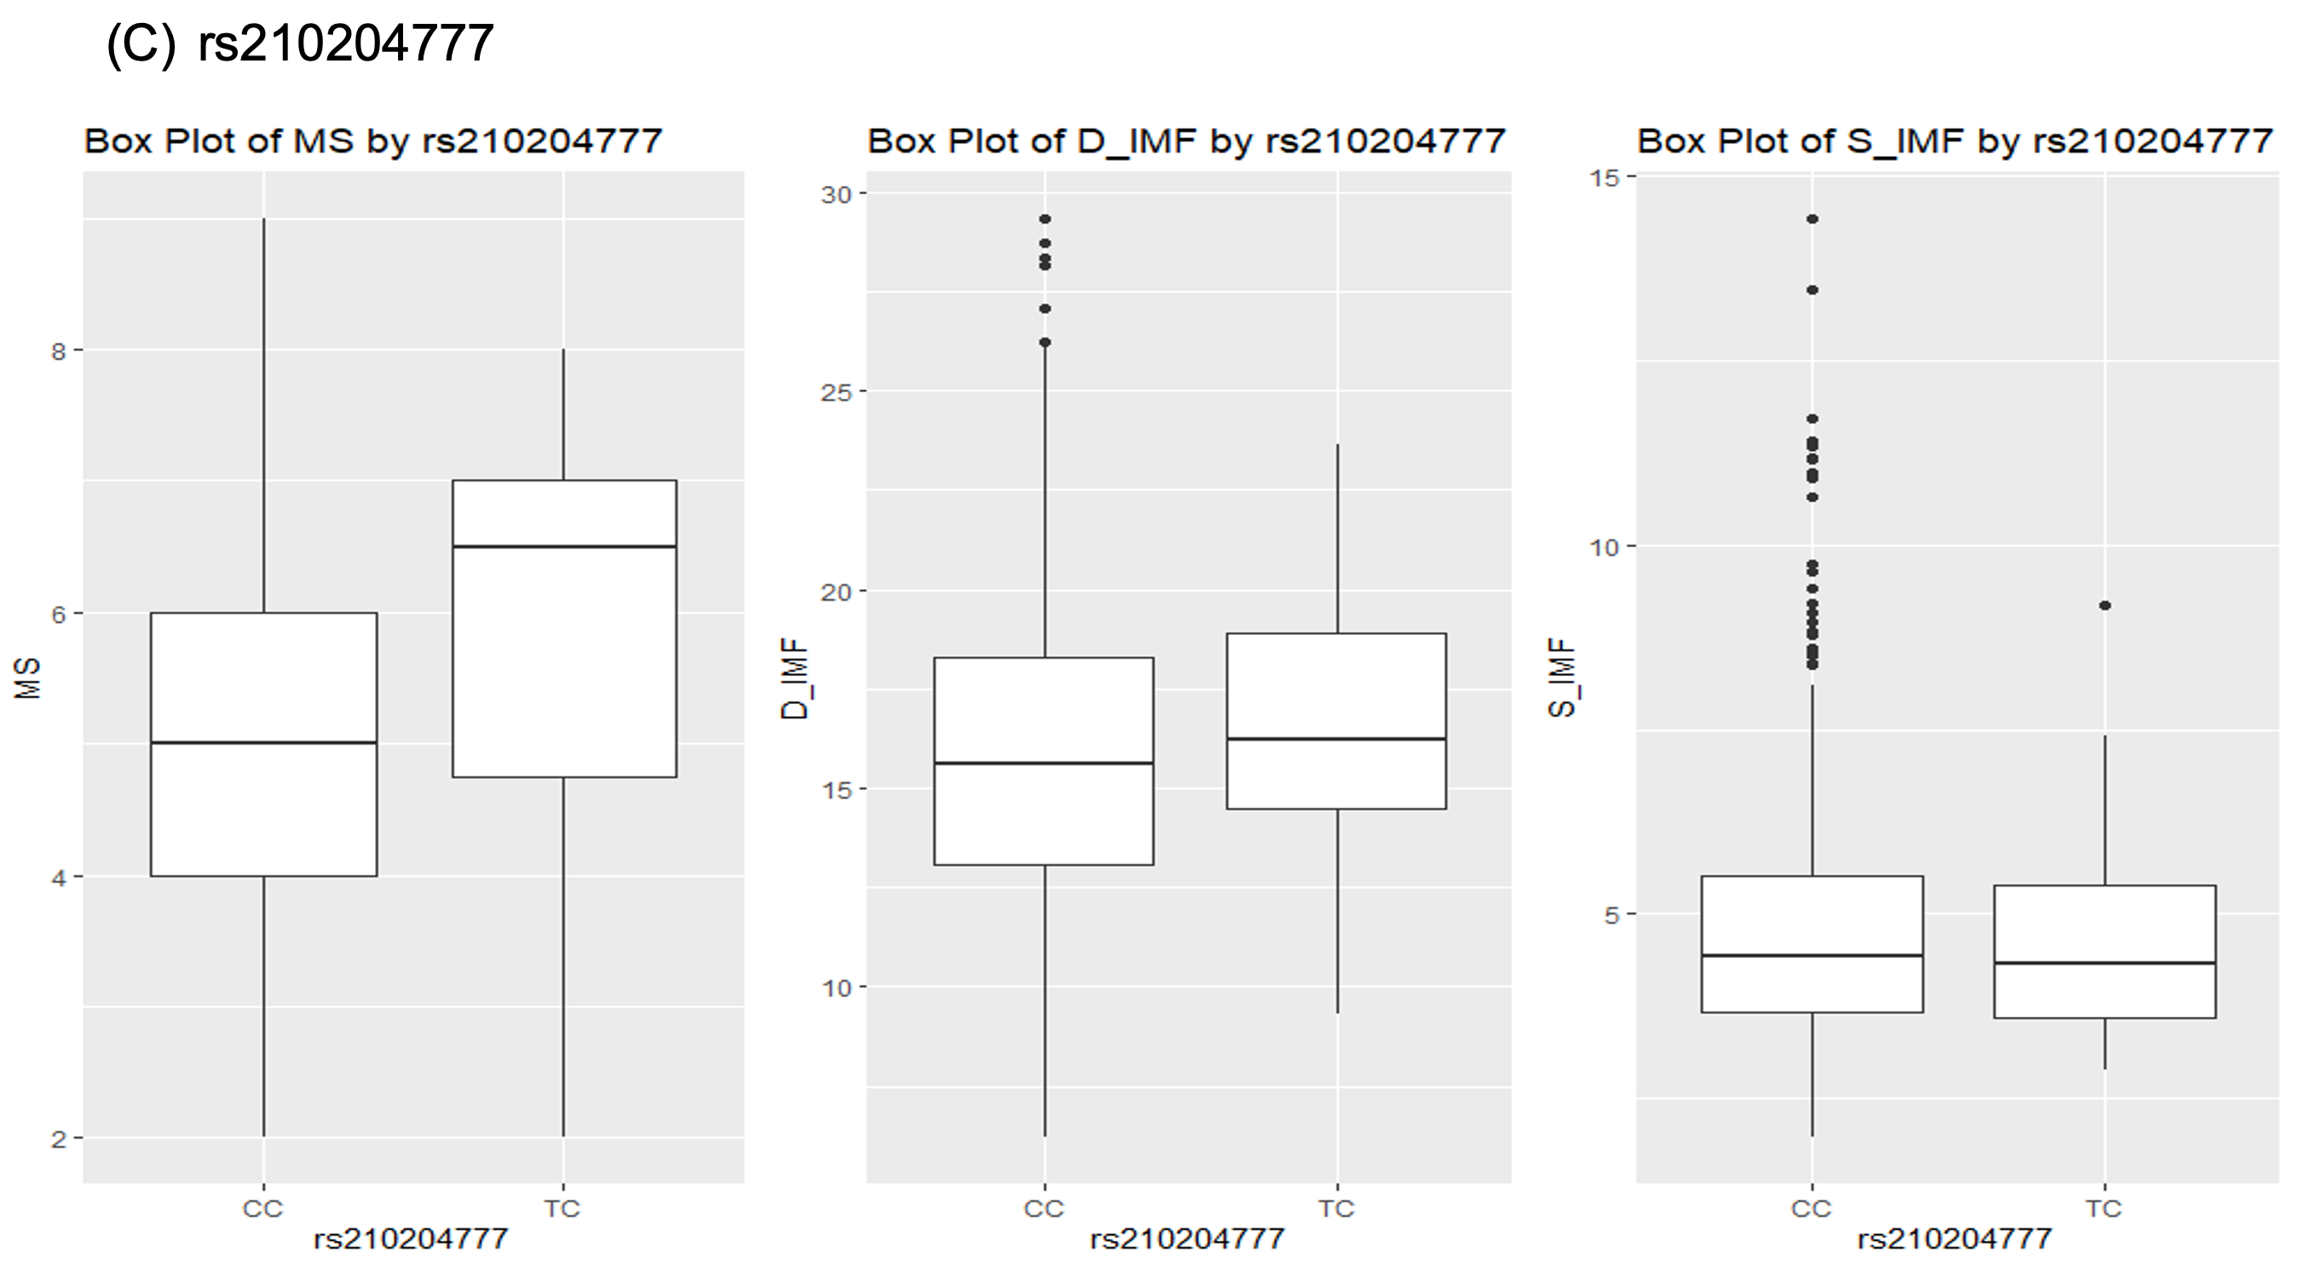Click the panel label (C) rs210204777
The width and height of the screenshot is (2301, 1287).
tap(299, 43)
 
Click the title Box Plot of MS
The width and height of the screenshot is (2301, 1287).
tap(372, 141)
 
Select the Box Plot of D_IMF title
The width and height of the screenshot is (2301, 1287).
tap(1185, 141)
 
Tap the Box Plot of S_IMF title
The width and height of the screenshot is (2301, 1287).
tap(1953, 141)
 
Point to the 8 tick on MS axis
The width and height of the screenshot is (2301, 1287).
tap(59, 351)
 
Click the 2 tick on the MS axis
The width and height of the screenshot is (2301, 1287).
tap(59, 1139)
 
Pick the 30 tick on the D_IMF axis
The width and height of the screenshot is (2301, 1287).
tap(836, 193)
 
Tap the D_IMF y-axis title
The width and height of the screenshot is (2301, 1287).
tap(794, 678)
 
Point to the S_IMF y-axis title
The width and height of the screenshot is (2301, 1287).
tap(1561, 678)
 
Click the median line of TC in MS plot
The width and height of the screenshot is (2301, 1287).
tap(563, 545)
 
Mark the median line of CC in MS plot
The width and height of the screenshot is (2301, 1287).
tap(263, 742)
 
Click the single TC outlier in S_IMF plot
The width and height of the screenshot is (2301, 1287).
tap(2104, 605)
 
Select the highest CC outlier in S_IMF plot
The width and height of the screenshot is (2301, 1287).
tap(1812, 219)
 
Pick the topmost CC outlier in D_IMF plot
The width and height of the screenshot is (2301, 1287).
tap(1044, 219)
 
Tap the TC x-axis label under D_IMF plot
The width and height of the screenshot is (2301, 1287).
tap(1336, 1209)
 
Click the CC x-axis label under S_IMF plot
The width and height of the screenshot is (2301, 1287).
tap(1811, 1209)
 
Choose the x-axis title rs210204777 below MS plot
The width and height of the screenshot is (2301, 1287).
tap(410, 1238)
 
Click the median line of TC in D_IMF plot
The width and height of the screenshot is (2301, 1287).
tap(1336, 739)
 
